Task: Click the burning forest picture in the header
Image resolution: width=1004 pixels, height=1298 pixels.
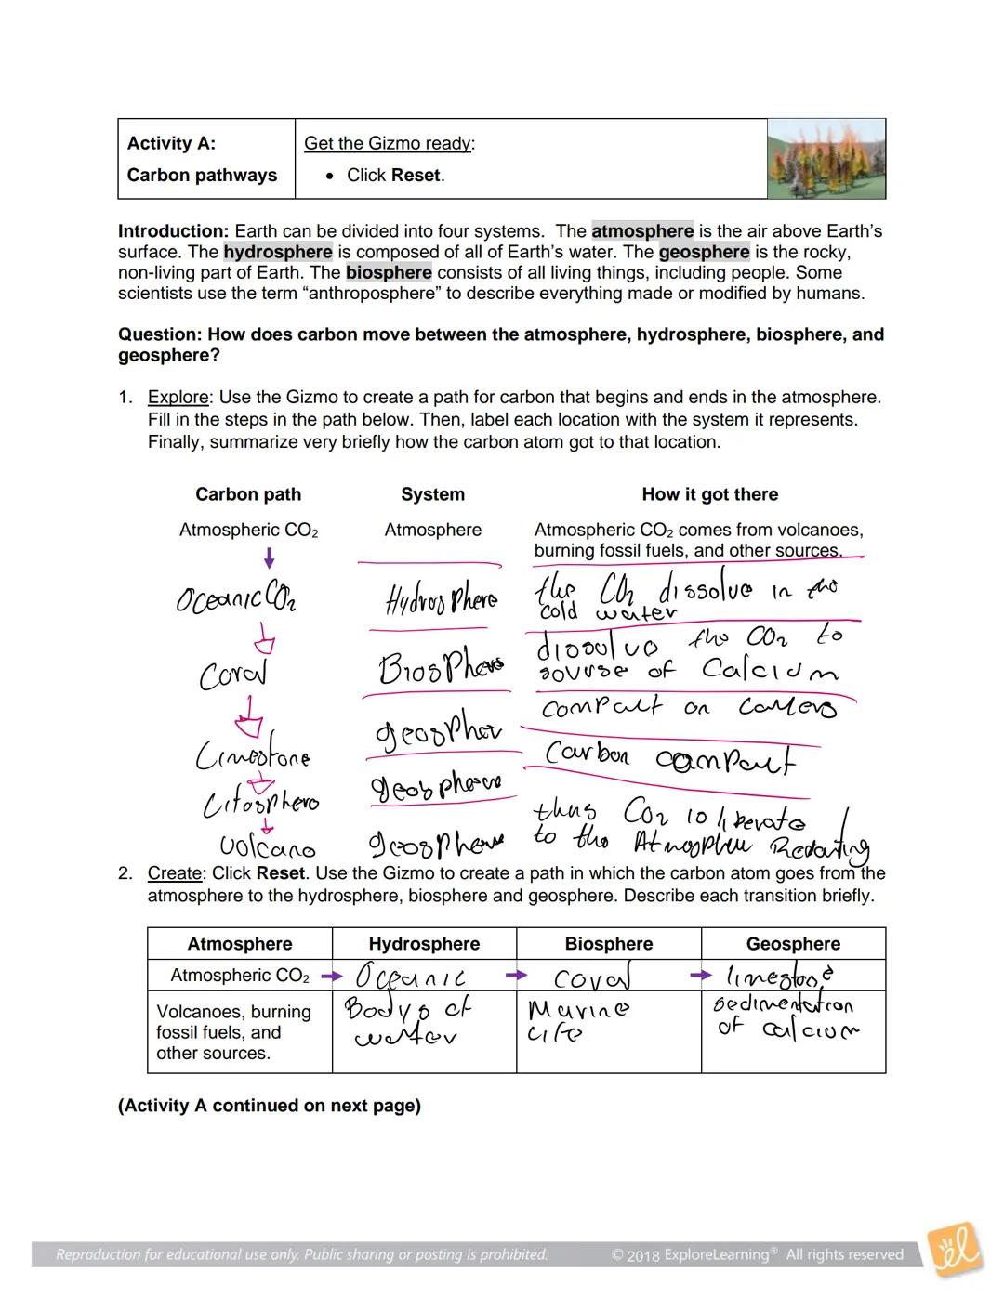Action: coord(826,158)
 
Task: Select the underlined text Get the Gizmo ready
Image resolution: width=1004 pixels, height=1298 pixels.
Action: coord(389,143)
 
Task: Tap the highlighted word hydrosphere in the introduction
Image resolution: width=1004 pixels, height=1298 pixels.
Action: coord(277,252)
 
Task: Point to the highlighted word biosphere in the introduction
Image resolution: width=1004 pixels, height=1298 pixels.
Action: coord(389,272)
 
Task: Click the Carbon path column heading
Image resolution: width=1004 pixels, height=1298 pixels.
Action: coord(248,494)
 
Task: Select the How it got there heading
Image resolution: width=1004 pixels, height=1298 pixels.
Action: coord(709,494)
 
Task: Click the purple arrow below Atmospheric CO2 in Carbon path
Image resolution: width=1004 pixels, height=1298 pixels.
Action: coord(270,557)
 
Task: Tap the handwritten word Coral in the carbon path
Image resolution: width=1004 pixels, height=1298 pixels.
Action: coord(232,674)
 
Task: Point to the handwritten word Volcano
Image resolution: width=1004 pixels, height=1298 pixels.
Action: coord(268,847)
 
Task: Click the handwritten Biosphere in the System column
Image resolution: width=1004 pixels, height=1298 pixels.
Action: coord(441,667)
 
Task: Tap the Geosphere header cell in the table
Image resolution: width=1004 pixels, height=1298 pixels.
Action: coord(793,944)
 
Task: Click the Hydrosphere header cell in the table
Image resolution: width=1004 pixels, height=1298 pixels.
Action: coord(424,944)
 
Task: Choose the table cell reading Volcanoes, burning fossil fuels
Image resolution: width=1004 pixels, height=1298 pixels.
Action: coord(233,1032)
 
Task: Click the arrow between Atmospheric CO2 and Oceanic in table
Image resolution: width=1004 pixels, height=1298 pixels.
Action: coord(331,977)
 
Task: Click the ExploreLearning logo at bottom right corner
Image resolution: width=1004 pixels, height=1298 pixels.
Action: coord(956,1250)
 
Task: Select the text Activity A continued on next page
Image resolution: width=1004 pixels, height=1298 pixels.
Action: coord(270,1106)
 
